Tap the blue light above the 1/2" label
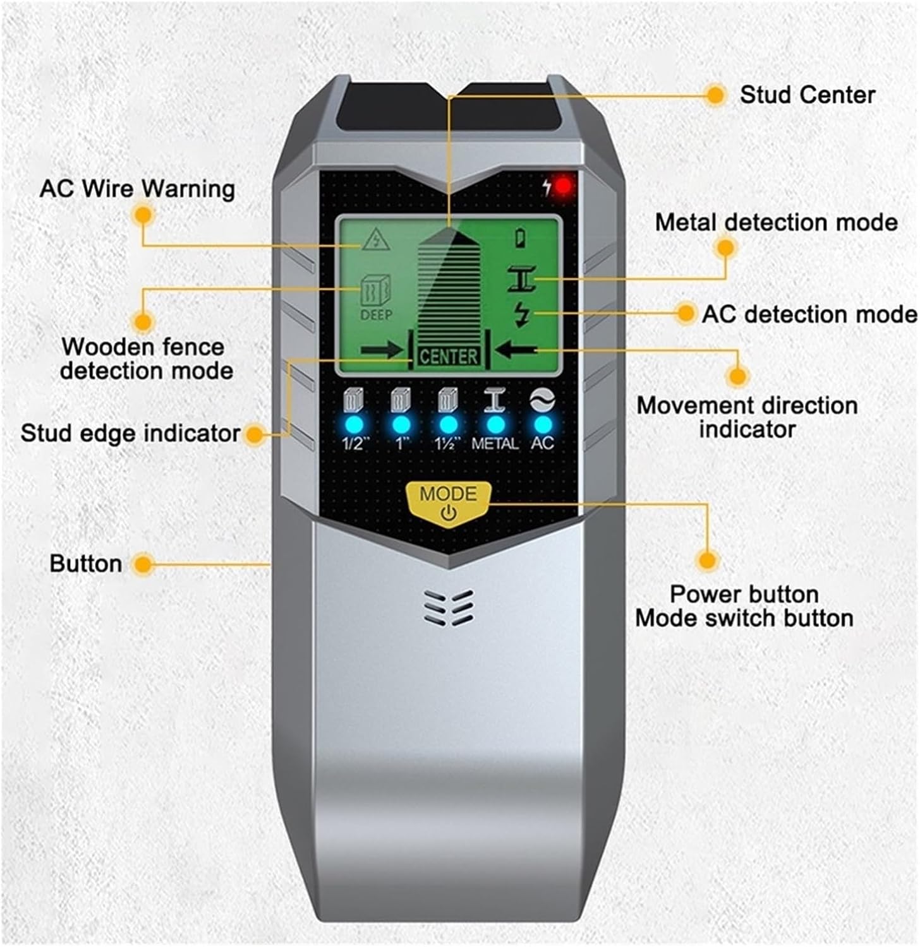point(354,424)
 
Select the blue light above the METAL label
point(495,424)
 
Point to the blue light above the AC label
point(542,424)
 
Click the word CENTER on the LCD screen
point(448,357)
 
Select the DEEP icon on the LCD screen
point(376,297)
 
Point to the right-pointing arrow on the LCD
point(382,349)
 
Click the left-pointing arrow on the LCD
point(516,349)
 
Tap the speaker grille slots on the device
point(449,607)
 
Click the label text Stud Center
point(808,95)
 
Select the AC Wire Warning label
point(137,188)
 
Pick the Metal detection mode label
point(776,222)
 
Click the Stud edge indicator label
point(130,433)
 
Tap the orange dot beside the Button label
point(145,564)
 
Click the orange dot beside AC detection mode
point(685,313)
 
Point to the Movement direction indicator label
point(747,417)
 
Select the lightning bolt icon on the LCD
point(523,314)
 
